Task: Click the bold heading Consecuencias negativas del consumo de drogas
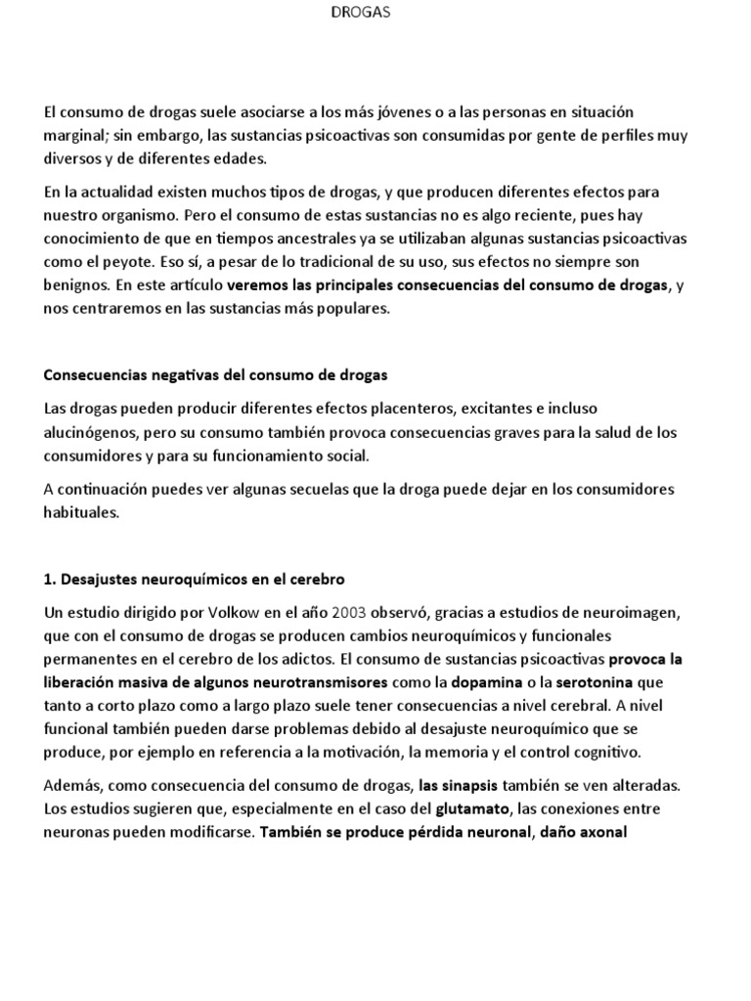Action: click(216, 374)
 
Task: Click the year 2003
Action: click(350, 612)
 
